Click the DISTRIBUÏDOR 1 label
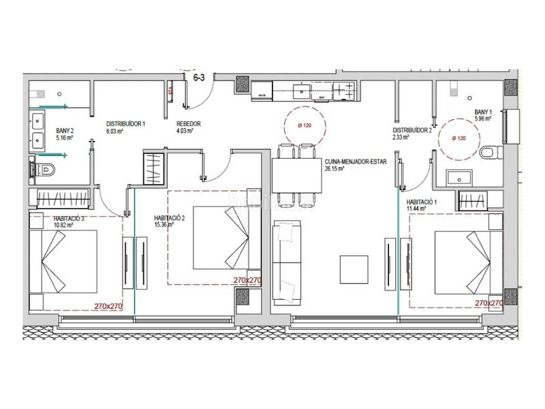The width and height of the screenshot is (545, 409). click(125, 124)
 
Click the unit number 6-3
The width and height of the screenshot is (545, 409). click(200, 78)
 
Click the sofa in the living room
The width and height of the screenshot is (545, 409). click(287, 262)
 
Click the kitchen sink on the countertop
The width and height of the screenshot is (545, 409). click(300, 89)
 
